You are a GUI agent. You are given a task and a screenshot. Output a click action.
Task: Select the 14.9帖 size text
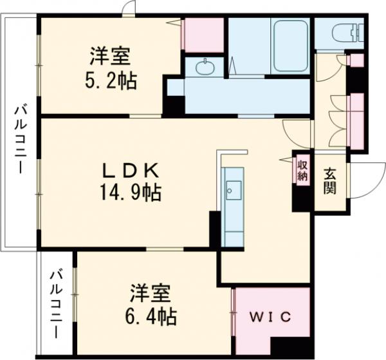130,191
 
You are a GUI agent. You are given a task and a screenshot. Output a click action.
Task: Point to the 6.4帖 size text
152,316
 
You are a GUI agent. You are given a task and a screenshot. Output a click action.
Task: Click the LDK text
129,170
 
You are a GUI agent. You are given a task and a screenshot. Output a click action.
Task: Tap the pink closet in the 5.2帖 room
203,35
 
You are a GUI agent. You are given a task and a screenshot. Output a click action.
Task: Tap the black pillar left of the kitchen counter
214,228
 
